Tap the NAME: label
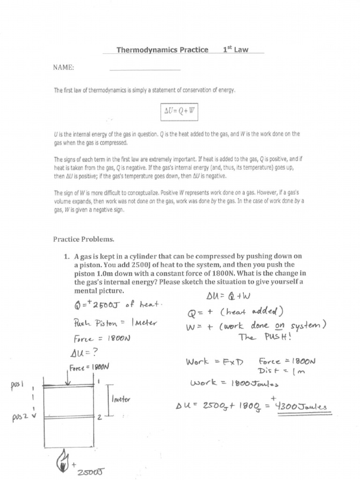click(x=63, y=67)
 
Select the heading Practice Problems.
click(x=83, y=239)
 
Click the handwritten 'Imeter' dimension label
click(x=120, y=399)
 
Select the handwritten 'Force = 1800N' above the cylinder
click(x=89, y=367)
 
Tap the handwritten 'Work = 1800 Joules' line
click(x=234, y=384)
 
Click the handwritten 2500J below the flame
click(x=92, y=472)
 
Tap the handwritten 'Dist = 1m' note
click(x=281, y=371)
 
